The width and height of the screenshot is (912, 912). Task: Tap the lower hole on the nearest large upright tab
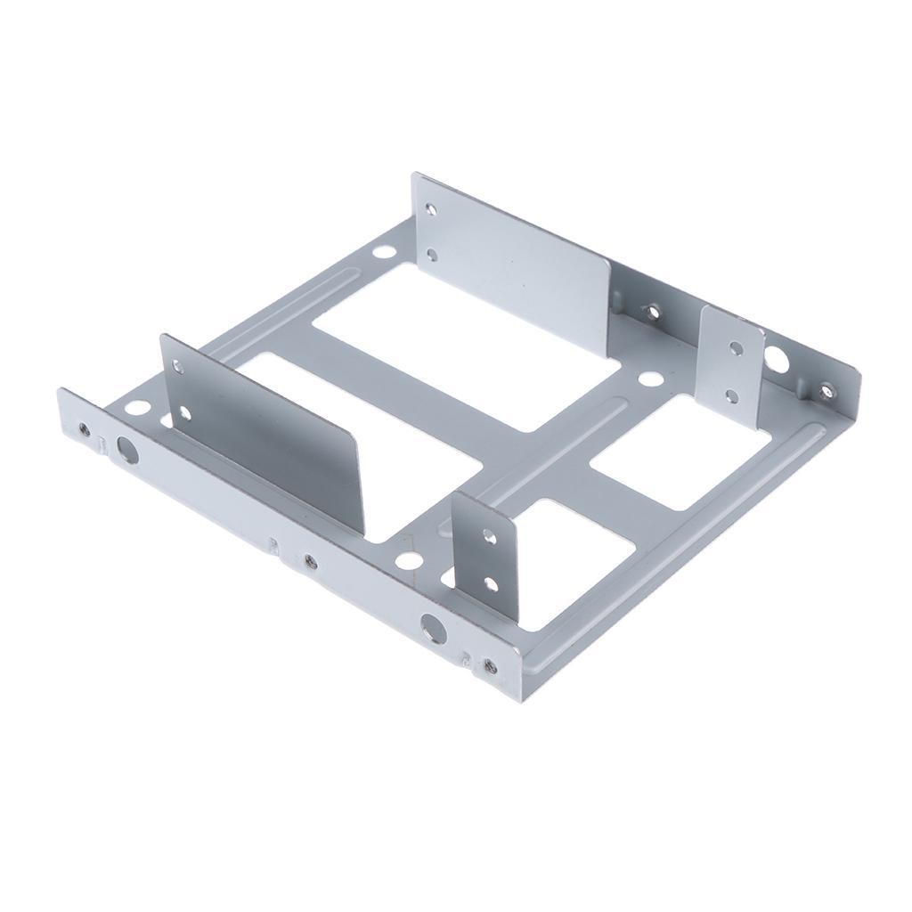pyautogui.click(x=186, y=411)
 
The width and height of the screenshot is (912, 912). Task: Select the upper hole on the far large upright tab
pyautogui.click(x=432, y=211)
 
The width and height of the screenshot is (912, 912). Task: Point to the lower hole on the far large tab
pyautogui.click(x=432, y=255)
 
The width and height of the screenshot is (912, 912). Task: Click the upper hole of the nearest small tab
pyautogui.click(x=487, y=537)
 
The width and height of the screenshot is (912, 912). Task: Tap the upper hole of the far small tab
pyautogui.click(x=735, y=348)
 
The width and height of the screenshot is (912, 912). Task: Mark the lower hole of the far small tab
pyautogui.click(x=732, y=393)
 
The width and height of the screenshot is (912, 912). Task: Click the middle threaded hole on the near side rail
pyautogui.click(x=310, y=561)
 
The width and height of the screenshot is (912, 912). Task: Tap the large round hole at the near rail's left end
pyautogui.click(x=128, y=452)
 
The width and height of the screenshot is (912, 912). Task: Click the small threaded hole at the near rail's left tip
pyautogui.click(x=84, y=429)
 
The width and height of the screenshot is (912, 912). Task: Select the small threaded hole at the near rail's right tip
pyautogui.click(x=489, y=664)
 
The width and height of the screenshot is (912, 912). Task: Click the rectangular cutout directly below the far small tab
pyautogui.click(x=679, y=454)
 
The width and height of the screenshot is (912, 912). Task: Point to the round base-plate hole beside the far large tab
pyautogui.click(x=383, y=252)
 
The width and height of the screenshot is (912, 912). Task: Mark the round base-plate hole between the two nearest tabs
pyautogui.click(x=408, y=560)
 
